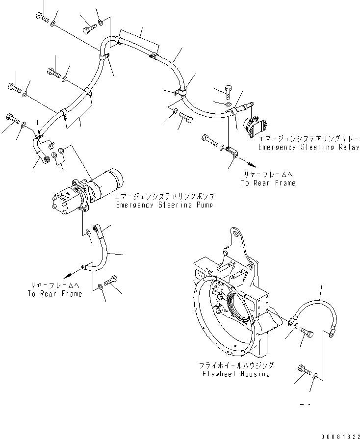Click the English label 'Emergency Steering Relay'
coord(308,147)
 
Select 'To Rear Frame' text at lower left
coord(55,294)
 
